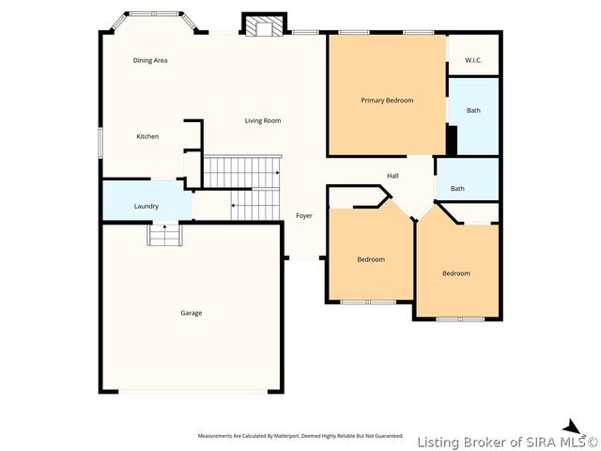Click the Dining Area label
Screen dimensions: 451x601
150,60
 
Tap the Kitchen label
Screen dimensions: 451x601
147,136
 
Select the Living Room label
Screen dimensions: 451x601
263,120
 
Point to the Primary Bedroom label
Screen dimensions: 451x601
387,101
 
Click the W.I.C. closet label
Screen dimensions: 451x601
473,61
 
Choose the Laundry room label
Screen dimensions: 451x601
146,206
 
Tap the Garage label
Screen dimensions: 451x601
192,313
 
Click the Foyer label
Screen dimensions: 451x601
304,216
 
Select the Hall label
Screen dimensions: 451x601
393,176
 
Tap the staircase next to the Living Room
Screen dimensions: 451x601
243,172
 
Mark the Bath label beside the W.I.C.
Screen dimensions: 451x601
473,111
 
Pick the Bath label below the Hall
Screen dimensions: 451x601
457,189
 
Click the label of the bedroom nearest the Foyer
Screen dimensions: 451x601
371,259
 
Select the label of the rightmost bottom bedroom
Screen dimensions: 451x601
456,273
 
